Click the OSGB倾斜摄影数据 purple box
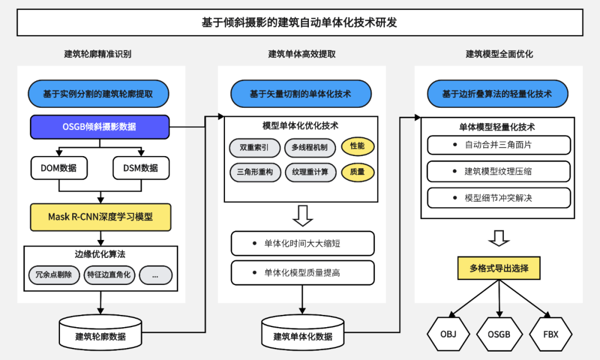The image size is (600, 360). tap(99, 127)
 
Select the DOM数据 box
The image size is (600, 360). tap(59, 168)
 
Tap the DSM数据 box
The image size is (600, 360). tap(141, 168)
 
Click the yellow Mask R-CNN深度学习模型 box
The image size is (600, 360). tap(101, 217)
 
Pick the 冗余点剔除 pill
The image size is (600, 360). tap(54, 275)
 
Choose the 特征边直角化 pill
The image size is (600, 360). tap(109, 275)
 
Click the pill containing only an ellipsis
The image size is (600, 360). tap(156, 275)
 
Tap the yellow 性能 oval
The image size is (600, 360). tap(357, 147)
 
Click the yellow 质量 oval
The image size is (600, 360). tap(357, 172)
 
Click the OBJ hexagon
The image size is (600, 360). tap(448, 334)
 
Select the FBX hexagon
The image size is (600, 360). tap(551, 334)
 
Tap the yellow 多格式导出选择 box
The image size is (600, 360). tap(499, 268)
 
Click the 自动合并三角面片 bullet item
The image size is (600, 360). tap(499, 145)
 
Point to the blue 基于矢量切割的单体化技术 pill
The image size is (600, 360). tap(301, 94)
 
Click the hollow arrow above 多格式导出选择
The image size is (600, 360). tap(498, 238)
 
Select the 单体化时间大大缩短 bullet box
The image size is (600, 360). tap(303, 243)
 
